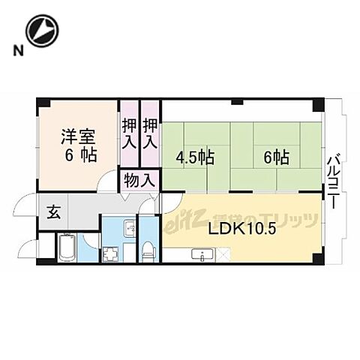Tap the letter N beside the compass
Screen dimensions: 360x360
tap(16, 51)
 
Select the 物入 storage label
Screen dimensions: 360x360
tap(139, 181)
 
